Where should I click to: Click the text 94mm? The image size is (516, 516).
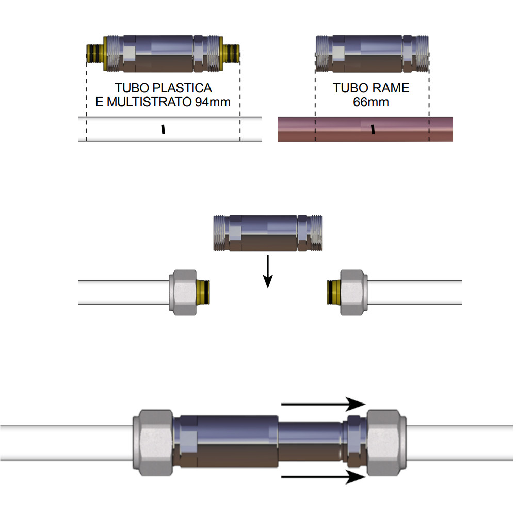[213, 102]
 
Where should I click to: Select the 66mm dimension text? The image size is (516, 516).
[371, 102]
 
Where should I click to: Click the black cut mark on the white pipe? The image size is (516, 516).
[163, 129]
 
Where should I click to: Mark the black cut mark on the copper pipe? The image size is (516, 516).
[373, 129]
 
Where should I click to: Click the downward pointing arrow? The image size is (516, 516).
[267, 271]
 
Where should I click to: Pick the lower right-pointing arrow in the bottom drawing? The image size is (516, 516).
[322, 477]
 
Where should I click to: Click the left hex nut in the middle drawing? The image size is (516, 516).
[183, 292]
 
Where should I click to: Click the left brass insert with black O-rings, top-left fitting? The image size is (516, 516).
[94, 53]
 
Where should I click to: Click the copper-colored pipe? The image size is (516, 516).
[365, 129]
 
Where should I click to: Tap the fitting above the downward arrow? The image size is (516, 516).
[267, 233]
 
